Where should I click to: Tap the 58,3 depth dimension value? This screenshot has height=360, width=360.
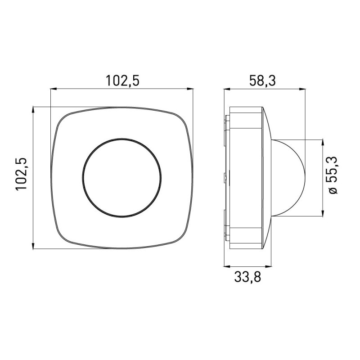(262, 81)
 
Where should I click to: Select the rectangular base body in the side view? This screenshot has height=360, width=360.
(245, 177)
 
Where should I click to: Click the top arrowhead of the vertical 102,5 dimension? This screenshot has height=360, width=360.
(34, 110)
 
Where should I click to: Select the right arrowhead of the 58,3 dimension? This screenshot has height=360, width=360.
(303, 89)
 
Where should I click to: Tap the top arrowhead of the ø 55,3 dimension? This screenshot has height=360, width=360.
(323, 142)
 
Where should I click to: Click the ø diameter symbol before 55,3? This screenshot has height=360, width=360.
(333, 190)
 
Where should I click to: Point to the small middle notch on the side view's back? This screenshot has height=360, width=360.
(225, 177)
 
